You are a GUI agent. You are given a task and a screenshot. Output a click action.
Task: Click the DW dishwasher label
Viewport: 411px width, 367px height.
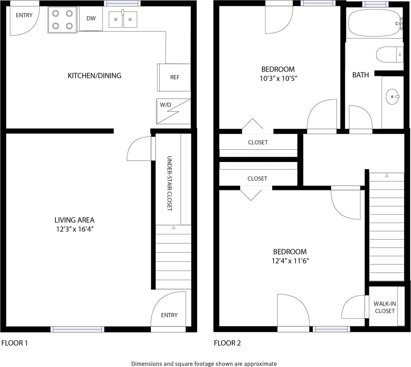91,18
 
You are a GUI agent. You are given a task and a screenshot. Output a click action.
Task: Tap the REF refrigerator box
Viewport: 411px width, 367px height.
174,77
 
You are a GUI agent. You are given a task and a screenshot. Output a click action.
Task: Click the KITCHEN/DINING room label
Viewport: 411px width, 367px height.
94,76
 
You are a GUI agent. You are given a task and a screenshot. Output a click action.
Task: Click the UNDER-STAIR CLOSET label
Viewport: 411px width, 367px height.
169,183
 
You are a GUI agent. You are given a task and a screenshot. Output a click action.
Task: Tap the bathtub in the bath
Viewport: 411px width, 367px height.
374,23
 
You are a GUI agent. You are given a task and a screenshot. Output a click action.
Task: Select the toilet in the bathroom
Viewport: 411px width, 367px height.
389,54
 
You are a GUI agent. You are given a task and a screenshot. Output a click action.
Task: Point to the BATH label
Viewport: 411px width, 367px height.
360,75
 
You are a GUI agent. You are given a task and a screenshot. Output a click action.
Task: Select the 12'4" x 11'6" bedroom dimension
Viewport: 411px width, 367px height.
290,261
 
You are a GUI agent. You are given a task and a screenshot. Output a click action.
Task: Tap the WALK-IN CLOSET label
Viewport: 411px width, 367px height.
385,307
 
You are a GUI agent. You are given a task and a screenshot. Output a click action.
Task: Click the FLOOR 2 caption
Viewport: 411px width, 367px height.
227,343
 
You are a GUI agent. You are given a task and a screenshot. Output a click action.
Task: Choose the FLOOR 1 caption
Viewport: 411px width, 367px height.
14,343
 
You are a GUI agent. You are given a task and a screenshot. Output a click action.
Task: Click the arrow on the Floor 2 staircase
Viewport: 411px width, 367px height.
386,175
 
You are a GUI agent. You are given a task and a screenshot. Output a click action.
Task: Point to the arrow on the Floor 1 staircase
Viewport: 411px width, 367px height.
174,228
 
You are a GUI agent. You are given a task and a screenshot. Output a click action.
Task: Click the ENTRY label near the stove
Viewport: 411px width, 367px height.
24,15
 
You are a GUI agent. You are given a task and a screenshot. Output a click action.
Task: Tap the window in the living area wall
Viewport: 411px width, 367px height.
77,329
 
